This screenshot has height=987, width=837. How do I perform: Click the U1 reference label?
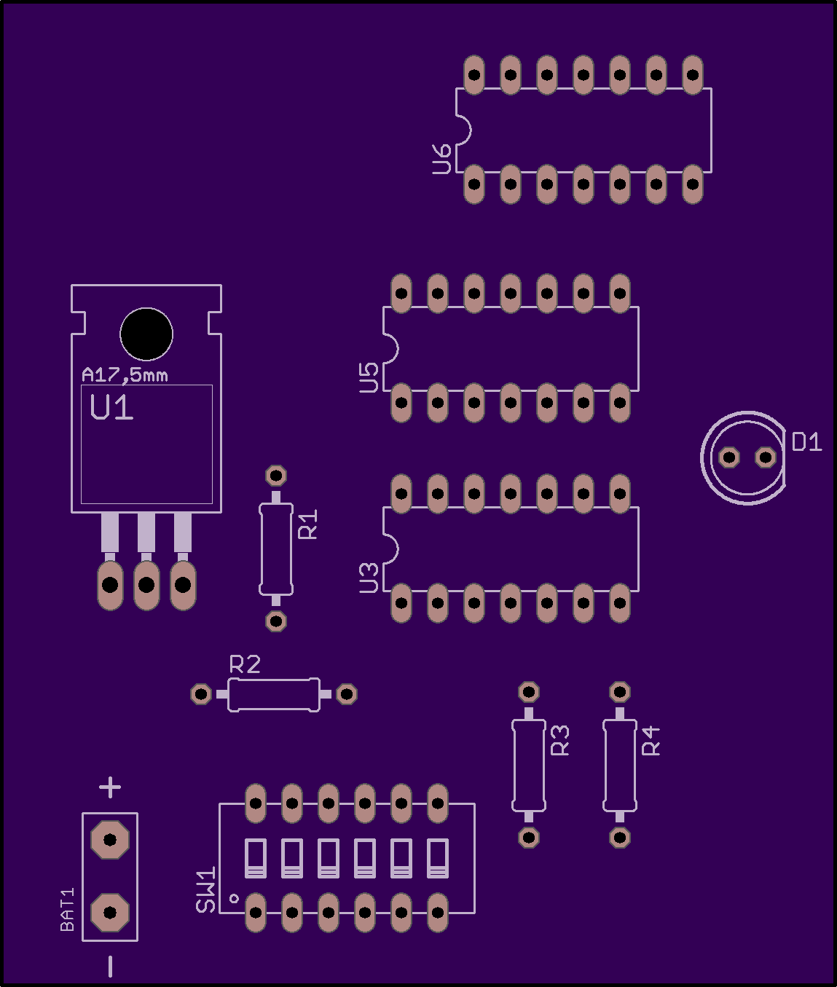(x=111, y=408)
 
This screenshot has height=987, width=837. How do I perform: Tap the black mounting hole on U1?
(x=146, y=334)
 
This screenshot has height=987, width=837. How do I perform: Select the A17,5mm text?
(x=125, y=375)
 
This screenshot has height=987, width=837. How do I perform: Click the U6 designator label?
(x=442, y=159)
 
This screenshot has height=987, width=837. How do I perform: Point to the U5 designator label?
(x=369, y=378)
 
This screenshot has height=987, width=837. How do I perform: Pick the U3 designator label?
(x=369, y=578)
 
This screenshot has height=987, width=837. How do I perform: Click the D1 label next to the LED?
(x=806, y=441)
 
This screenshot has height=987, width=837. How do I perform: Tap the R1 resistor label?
(x=308, y=524)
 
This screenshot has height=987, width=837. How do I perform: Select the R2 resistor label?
(x=245, y=664)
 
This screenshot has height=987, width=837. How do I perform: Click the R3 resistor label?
(x=560, y=740)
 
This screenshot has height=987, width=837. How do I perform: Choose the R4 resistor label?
(x=651, y=740)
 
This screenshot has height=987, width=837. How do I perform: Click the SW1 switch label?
(x=205, y=889)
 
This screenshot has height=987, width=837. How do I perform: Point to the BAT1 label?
(x=67, y=909)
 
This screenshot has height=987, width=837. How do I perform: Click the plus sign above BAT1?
(x=110, y=787)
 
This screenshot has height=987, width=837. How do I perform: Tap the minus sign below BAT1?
(x=110, y=966)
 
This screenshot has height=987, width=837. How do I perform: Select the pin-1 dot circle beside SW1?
(x=234, y=898)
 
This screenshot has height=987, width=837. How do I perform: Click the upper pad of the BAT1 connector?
(x=110, y=839)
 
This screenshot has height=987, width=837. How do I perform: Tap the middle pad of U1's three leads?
(x=146, y=584)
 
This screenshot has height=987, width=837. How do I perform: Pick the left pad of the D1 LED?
(x=729, y=457)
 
